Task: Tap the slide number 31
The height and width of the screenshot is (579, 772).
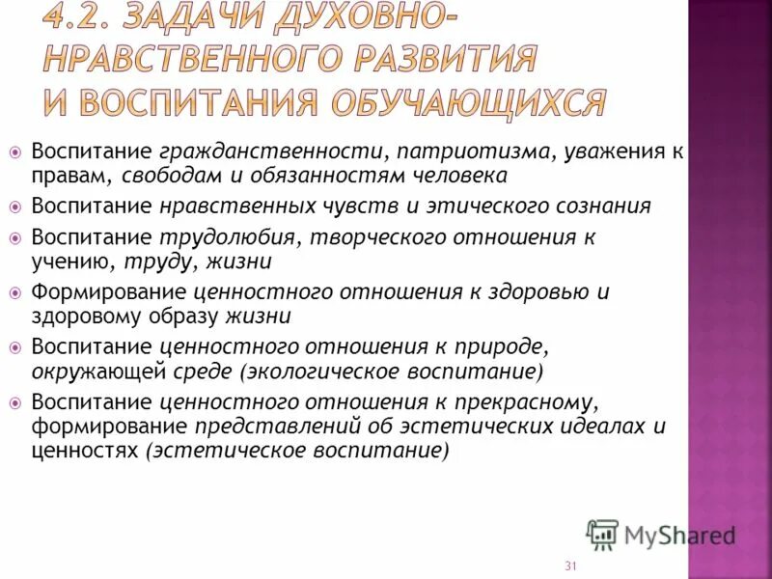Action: click(570, 566)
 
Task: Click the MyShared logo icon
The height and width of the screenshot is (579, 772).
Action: click(602, 535)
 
